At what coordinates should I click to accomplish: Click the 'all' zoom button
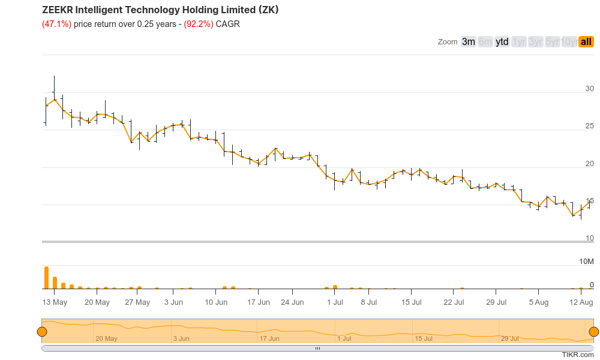point(586,41)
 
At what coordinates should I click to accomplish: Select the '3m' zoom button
point(469,41)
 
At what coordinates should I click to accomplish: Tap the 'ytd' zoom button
point(502,41)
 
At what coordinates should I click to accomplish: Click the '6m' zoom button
point(485,41)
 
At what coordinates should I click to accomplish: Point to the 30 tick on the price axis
point(590,89)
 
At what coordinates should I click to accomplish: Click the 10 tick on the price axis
point(590,238)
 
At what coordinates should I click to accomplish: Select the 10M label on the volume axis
point(586,262)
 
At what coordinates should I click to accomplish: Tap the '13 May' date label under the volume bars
point(55,302)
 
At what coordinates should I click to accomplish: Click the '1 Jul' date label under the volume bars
point(334,302)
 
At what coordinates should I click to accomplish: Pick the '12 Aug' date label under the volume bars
point(581,302)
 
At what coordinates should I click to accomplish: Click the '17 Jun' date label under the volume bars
point(259,302)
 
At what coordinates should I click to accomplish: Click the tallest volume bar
point(46,278)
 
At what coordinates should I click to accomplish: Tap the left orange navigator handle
point(42,332)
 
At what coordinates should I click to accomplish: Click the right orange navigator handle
point(594,332)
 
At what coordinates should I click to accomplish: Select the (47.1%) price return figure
point(56,24)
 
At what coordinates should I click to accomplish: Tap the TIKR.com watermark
point(578,355)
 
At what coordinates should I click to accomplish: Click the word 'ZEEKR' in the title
point(58,10)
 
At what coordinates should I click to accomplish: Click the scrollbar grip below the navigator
point(318,348)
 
